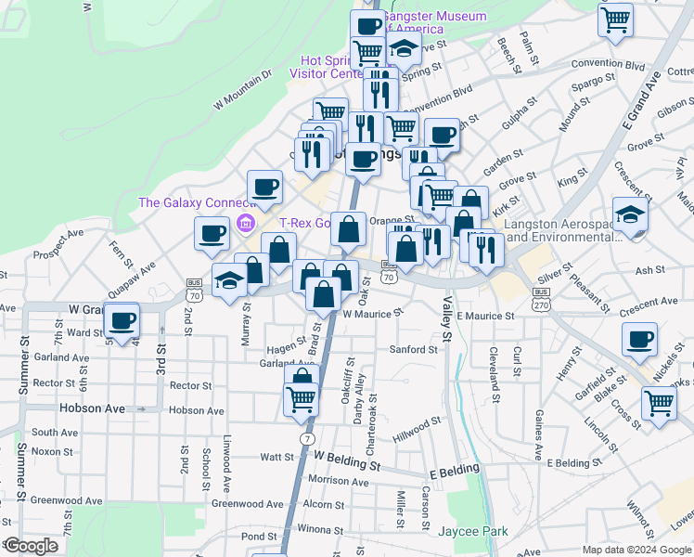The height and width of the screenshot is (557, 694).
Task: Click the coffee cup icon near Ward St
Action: click(x=122, y=321)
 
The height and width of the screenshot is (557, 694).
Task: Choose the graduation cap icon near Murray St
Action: click(x=229, y=281)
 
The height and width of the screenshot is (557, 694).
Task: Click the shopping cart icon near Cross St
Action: click(x=658, y=403)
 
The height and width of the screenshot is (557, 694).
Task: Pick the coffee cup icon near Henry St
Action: click(x=638, y=340)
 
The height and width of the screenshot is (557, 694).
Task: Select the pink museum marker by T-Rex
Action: click(x=245, y=222)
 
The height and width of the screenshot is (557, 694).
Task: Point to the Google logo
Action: click(x=31, y=546)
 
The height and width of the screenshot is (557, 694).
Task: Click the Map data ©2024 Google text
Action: click(x=636, y=550)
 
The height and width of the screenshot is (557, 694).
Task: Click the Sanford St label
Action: click(x=413, y=350)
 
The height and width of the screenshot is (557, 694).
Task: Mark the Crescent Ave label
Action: click(x=650, y=302)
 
